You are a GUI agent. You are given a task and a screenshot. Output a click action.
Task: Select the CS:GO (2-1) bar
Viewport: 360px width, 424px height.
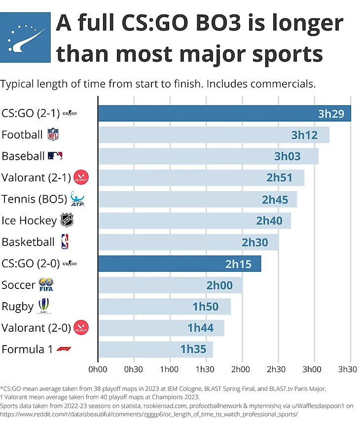point(224,113)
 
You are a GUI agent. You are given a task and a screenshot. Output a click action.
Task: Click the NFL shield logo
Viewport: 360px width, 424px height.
point(53,135)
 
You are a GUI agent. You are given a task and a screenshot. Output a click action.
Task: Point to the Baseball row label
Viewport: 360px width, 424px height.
point(23,156)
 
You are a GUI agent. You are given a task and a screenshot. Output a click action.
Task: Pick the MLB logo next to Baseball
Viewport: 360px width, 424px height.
point(55,156)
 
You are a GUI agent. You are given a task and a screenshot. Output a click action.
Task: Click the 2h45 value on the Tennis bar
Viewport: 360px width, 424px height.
point(275,199)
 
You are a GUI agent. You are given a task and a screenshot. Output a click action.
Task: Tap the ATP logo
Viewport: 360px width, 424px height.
point(78,199)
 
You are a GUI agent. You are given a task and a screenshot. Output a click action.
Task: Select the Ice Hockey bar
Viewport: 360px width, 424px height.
point(194,220)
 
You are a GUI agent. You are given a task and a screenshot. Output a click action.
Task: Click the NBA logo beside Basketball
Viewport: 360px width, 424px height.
point(65,242)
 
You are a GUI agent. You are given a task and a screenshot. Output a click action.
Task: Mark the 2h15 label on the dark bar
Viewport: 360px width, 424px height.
point(238,264)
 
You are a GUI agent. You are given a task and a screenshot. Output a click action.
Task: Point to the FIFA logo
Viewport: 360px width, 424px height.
point(46,285)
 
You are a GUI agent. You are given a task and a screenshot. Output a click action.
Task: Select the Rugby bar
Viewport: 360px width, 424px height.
point(164,306)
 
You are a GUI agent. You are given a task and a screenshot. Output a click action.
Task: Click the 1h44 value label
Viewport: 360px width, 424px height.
point(200,327)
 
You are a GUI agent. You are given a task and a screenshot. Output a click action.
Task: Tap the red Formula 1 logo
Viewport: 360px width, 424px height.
point(64,349)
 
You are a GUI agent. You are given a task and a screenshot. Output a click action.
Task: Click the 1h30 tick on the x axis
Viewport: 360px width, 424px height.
point(205,368)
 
